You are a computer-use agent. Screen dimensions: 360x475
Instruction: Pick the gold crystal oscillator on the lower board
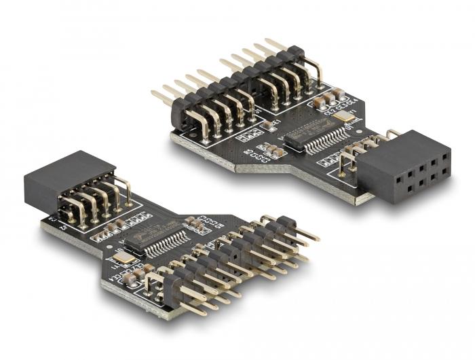click(x=123, y=257)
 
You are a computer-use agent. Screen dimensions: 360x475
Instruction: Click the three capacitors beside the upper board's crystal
click(x=326, y=101)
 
